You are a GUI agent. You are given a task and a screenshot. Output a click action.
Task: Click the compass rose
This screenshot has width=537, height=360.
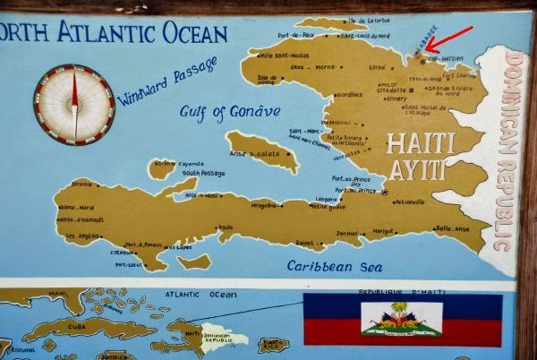pos(73,104)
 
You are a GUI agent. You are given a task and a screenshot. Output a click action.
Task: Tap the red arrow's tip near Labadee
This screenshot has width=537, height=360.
pos(426,50)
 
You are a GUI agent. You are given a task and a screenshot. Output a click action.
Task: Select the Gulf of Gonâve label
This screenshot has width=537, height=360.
pos(231,111)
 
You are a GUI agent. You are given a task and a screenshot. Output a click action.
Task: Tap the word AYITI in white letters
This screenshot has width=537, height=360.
pos(422,170)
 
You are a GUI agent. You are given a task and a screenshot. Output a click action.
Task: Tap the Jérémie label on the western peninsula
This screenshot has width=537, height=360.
pos(81,184)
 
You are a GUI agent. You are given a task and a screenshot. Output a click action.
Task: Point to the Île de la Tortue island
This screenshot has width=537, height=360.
pos(326,23)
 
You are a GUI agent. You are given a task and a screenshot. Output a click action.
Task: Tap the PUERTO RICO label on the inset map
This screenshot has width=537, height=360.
pos(274,343)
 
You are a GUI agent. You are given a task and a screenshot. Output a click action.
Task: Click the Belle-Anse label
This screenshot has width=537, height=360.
pos(451,227)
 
